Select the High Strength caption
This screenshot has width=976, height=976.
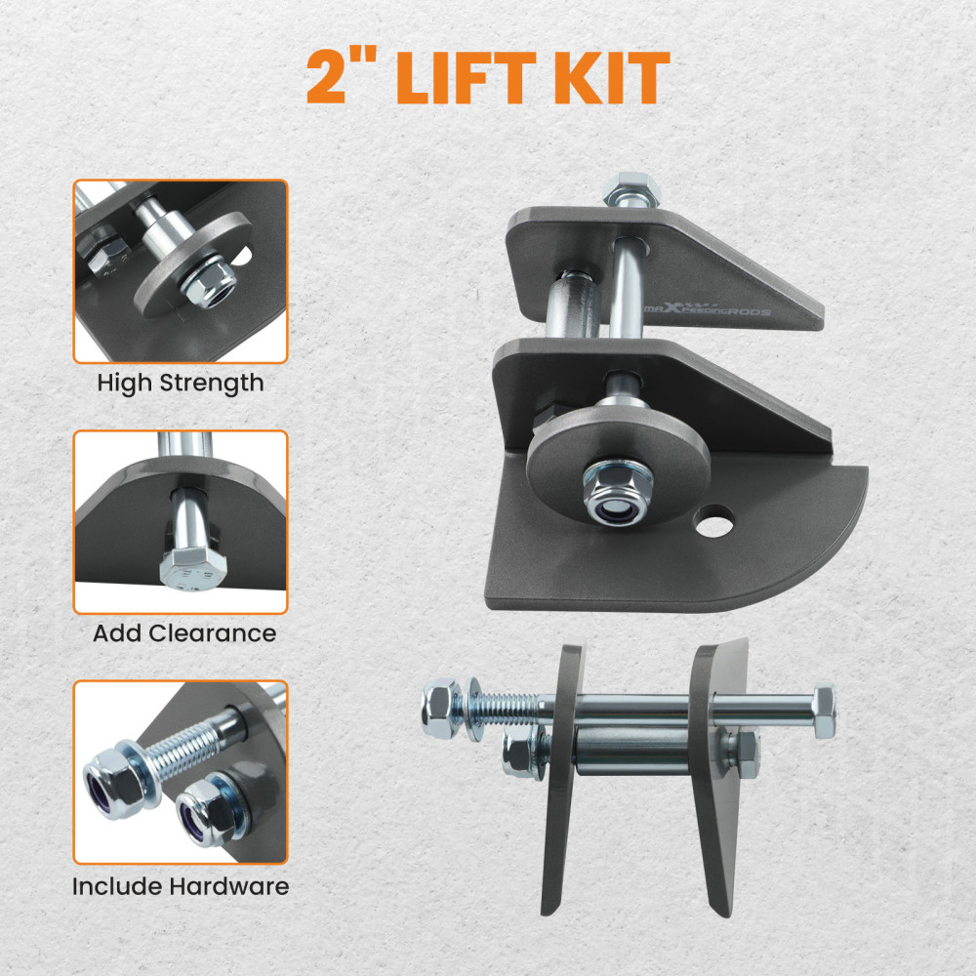(x=180, y=383)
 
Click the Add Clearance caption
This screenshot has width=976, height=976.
(x=184, y=633)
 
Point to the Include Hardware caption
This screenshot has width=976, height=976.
(x=181, y=887)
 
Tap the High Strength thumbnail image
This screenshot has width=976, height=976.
(x=181, y=271)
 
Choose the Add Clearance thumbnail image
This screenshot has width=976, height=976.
(x=181, y=522)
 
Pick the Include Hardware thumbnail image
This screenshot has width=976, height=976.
(x=181, y=772)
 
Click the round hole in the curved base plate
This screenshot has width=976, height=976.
(x=717, y=513)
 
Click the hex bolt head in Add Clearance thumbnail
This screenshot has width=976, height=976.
(x=184, y=569)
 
